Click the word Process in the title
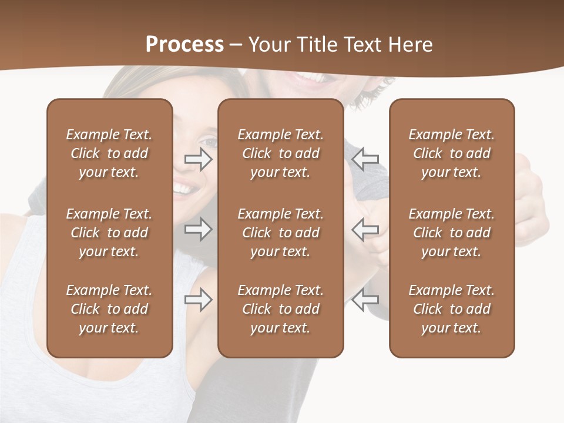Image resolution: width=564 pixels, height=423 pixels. coord(184,45)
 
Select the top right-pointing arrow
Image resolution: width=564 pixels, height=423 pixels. coord(199,159)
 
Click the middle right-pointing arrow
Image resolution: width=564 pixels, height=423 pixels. coord(199,229)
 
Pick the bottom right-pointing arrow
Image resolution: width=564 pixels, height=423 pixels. coord(199,300)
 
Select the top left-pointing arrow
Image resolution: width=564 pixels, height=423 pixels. coord(365,159)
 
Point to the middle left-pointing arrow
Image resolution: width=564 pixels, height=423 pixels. coord(365,229)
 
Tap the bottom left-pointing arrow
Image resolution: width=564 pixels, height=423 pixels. coord(365,300)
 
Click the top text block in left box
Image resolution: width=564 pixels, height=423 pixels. coord(109,153)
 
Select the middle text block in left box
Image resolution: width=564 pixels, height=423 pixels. coord(109,233)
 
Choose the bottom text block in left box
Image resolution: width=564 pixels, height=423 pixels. coord(109,309)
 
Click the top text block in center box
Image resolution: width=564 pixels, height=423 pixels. coord(281,153)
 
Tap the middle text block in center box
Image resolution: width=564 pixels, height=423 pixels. coord(281,233)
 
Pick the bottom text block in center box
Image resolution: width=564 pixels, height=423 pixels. coord(281,309)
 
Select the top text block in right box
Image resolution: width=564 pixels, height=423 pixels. coord(452,153)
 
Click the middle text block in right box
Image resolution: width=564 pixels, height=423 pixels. coord(452,233)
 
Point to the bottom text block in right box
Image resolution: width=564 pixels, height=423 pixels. coord(452,309)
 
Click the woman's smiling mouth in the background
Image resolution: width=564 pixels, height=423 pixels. coord(183,189)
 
